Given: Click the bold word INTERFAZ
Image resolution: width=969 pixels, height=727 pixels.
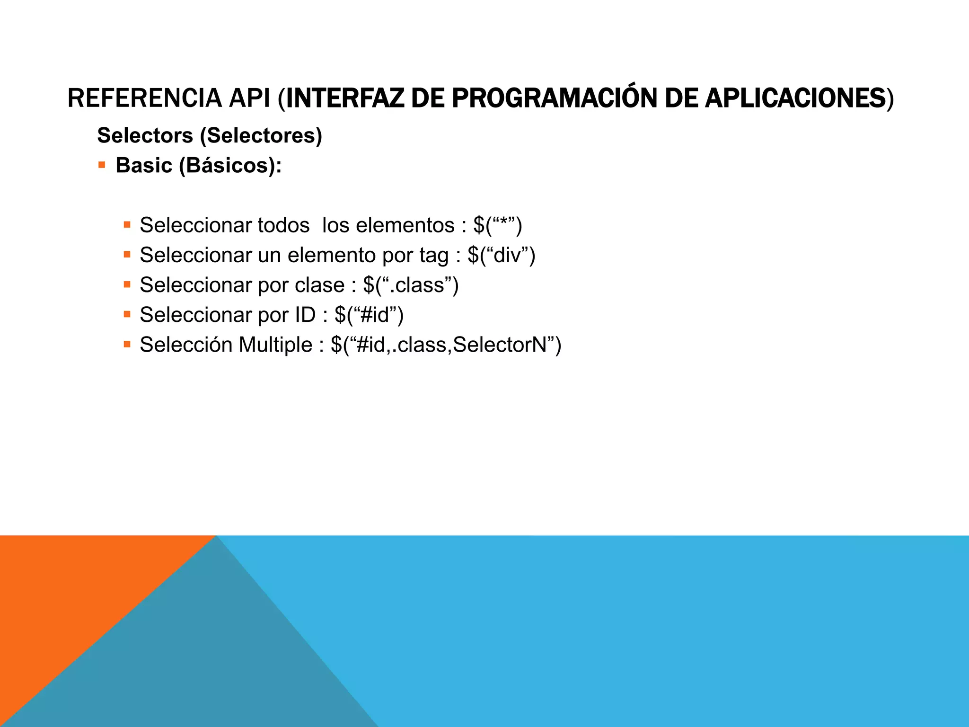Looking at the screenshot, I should coord(345,98).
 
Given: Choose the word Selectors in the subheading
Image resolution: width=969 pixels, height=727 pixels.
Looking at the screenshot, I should coord(145,136).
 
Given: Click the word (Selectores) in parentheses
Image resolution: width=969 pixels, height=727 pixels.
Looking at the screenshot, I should coord(261,136).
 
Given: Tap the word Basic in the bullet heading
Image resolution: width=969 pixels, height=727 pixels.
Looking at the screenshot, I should coord(144,166).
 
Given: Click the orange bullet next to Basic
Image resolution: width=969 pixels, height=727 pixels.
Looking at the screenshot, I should coord(102,165).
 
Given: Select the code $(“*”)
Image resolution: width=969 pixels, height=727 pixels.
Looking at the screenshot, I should coord(498,225).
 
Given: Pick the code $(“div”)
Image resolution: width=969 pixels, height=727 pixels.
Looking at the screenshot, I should coord(502,255).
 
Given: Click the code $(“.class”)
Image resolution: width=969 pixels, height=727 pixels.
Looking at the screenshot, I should coord(411,285).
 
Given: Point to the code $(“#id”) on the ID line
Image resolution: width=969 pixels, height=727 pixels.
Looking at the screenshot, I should coord(369,315).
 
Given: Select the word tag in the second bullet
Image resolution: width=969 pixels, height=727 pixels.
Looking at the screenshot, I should coord(434,256).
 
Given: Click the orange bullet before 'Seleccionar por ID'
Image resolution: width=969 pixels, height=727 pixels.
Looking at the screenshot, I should coord(127,314).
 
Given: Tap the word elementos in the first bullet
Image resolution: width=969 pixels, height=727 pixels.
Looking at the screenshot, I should coord(405,225).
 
